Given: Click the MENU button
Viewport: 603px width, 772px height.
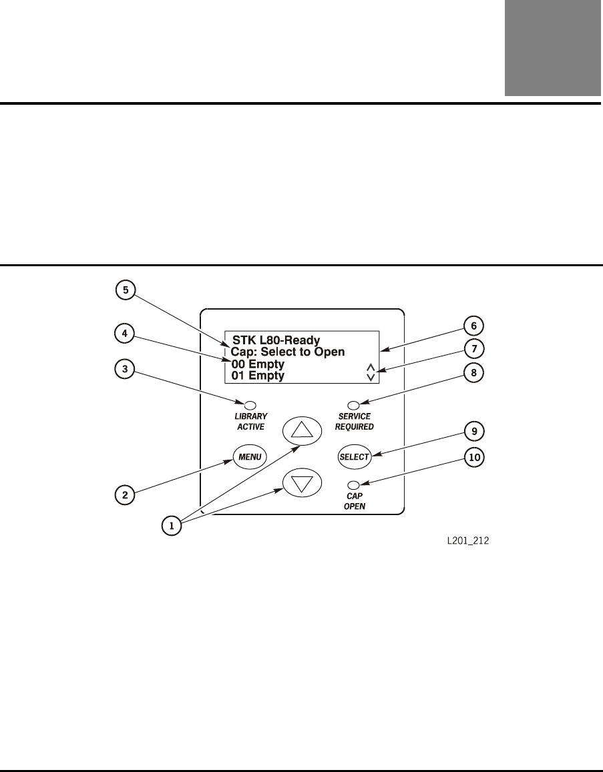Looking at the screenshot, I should [x=250, y=457].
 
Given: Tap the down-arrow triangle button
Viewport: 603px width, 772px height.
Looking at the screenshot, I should [x=303, y=484].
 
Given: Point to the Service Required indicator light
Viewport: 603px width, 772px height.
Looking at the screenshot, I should [x=355, y=404].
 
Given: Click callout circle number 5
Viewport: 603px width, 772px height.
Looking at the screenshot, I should [x=125, y=290].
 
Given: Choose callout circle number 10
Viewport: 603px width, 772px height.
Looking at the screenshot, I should [x=475, y=458].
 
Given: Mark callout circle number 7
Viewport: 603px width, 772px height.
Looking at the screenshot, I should [x=475, y=348].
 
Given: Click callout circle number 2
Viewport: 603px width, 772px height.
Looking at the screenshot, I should [x=125, y=495].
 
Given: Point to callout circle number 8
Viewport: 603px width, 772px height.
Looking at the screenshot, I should [x=475, y=373].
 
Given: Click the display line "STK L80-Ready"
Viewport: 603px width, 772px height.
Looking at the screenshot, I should [x=276, y=340].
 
